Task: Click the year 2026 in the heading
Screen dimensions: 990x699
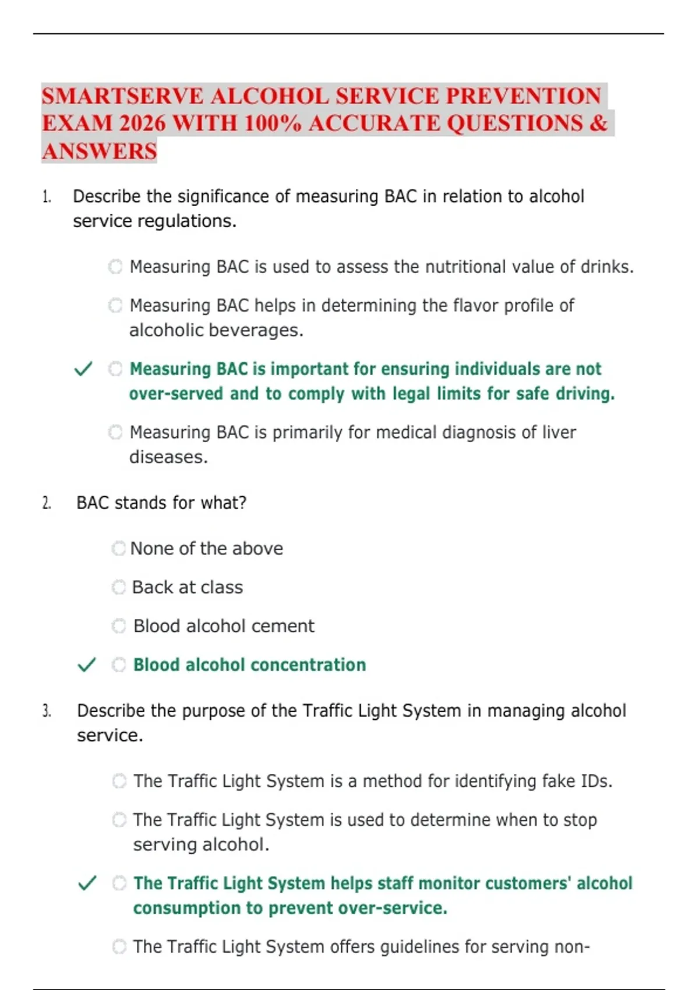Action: click(x=142, y=123)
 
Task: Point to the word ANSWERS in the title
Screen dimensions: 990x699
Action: click(x=100, y=151)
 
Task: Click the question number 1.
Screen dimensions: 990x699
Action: click(x=47, y=197)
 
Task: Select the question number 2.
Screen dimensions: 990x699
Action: click(x=47, y=503)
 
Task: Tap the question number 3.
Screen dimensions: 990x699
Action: click(x=47, y=711)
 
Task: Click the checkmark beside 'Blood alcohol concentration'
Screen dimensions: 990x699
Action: click(x=87, y=664)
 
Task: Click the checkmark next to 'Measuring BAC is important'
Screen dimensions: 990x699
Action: click(x=83, y=369)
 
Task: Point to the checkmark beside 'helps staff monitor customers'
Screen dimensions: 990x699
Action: click(x=87, y=883)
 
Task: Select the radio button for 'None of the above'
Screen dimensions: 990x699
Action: click(x=119, y=549)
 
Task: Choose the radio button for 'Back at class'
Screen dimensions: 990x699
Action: click(x=119, y=587)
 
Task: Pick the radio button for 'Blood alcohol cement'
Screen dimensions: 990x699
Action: click(x=119, y=626)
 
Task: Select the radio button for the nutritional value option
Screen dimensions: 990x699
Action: click(x=115, y=267)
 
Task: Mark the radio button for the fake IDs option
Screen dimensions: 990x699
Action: click(x=119, y=781)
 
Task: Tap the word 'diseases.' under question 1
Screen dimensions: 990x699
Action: click(x=168, y=457)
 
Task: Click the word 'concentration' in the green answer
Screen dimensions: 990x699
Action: click(x=308, y=665)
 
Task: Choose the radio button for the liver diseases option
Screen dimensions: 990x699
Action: click(x=115, y=432)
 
